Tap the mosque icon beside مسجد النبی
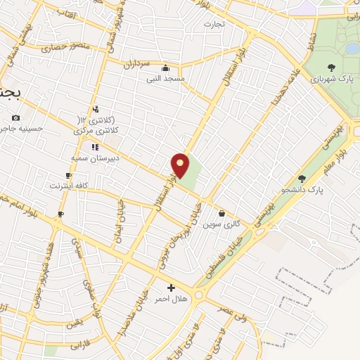(166, 68)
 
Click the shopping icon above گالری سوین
(221, 214)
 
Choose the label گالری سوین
(217, 225)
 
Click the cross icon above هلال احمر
(172, 288)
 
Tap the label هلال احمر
(172, 299)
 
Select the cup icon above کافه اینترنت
(68, 175)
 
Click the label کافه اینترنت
(67, 186)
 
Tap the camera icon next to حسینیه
(16, 117)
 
